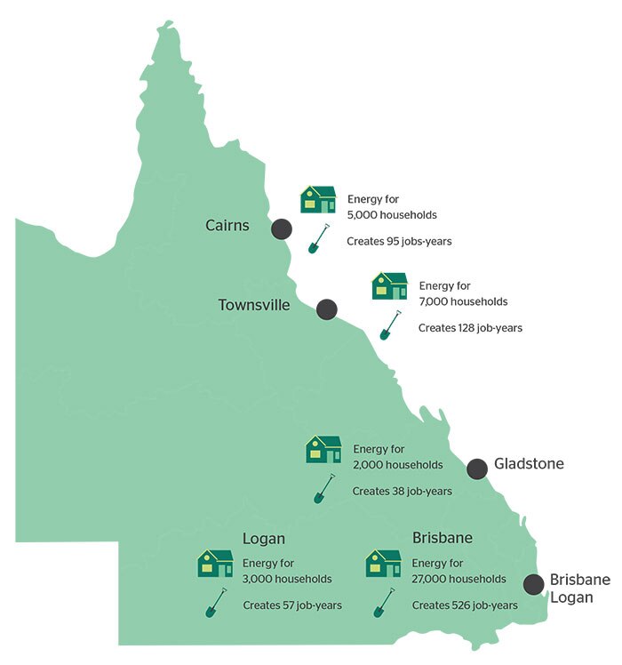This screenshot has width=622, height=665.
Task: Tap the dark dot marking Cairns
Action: (282, 228)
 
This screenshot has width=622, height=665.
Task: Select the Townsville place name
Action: (254, 305)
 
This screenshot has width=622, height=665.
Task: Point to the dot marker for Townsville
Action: (326, 309)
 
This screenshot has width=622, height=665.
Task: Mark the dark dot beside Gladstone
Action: (477, 468)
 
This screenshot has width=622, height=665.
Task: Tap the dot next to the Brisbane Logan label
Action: (533, 584)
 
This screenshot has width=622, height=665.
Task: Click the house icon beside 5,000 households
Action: (318, 199)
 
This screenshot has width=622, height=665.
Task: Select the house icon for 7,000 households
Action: (389, 286)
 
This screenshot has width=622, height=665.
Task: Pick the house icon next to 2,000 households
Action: (323, 449)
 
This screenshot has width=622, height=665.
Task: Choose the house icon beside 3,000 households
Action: (215, 564)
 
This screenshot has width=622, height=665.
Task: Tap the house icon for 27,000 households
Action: (383, 564)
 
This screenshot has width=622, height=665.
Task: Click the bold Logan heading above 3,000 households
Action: (264, 539)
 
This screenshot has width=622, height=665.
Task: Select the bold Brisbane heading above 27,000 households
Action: (442, 539)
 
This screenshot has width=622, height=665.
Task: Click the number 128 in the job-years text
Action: (466, 328)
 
